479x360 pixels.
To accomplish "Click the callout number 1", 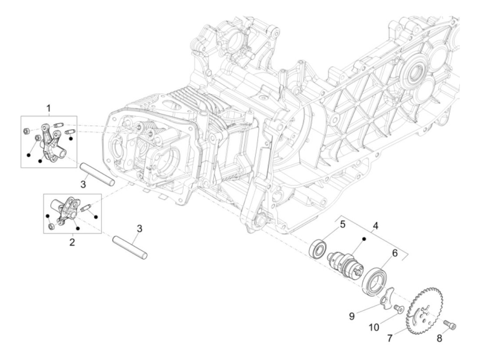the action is click(x=49, y=108).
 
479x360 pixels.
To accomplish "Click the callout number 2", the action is click(x=72, y=242).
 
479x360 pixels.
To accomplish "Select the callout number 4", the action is click(x=376, y=226).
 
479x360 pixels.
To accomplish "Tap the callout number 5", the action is click(x=342, y=224).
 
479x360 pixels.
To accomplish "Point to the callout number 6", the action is click(x=394, y=253).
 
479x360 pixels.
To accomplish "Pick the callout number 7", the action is click(x=390, y=338).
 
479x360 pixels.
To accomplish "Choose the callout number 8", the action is click(x=439, y=338).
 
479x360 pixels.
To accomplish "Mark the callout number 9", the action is click(x=352, y=316).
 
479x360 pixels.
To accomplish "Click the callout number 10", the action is click(x=374, y=327).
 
